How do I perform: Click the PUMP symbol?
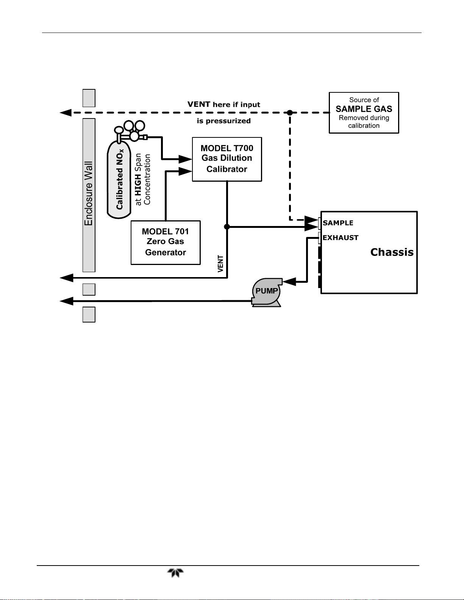click(x=267, y=292)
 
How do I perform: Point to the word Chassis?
click(x=392, y=252)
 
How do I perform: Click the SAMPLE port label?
click(x=338, y=223)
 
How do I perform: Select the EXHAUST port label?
click(x=340, y=237)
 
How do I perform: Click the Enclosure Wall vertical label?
click(x=89, y=193)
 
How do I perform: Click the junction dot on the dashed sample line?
click(x=290, y=113)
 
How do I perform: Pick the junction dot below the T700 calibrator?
click(x=227, y=227)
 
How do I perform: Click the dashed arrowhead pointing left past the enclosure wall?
click(x=66, y=113)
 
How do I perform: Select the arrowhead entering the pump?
click(x=289, y=282)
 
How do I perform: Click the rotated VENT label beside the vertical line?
click(x=220, y=264)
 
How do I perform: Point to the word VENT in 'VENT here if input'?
click(x=198, y=104)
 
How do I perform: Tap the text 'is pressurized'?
click(x=224, y=121)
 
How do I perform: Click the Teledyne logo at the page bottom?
click(x=175, y=573)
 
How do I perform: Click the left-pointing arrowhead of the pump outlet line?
click(x=67, y=301)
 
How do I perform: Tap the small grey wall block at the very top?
click(x=89, y=98)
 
